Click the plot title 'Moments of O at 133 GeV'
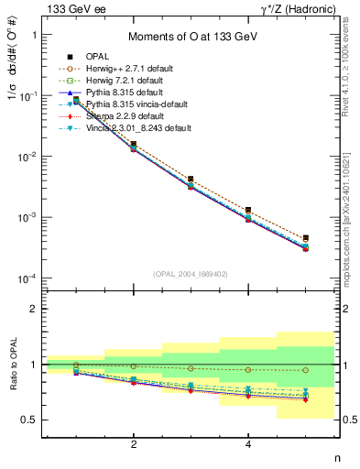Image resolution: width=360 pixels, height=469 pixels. click(191, 35)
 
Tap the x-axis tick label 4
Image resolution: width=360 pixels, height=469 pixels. click(248, 445)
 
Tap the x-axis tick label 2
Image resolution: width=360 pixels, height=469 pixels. click(134, 445)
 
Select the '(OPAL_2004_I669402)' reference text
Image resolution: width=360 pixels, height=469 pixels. click(191, 272)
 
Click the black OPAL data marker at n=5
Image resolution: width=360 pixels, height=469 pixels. click(306, 238)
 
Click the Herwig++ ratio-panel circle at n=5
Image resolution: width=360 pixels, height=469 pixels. click(306, 370)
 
